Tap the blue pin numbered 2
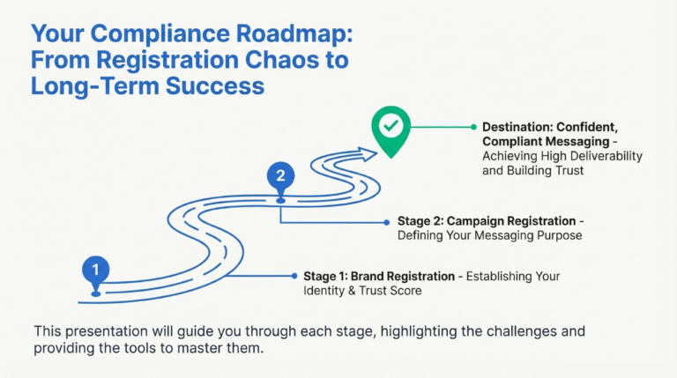tap(280, 176)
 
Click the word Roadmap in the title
tap(294, 34)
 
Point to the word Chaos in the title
tap(302, 61)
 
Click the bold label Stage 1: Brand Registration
tap(379, 277)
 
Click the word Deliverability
tap(602, 156)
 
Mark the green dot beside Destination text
tap(473, 127)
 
